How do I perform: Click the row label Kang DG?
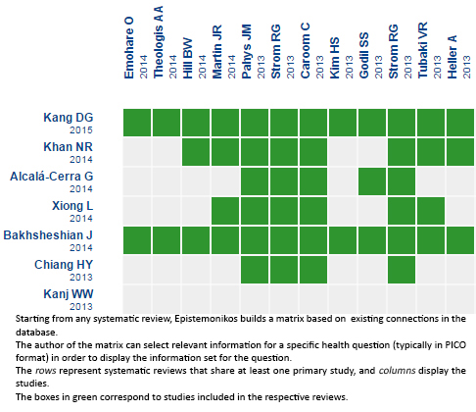click(69, 118)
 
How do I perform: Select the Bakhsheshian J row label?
click(48, 235)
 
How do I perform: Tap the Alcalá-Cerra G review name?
click(52, 177)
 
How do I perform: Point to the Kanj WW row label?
click(69, 294)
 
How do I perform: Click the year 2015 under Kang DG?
click(81, 130)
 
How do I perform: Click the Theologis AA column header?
click(159, 42)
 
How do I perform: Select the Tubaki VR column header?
click(423, 50)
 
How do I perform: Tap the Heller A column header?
click(452, 57)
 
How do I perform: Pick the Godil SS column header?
click(364, 55)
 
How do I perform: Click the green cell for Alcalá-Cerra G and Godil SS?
click(372, 181)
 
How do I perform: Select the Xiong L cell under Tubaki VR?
click(431, 211)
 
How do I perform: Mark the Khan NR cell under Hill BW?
click(196, 152)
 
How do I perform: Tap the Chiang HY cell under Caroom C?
click(313, 270)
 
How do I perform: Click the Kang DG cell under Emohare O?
click(137, 123)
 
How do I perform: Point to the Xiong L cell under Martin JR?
click(225, 211)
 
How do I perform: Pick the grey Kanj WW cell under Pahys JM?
click(255, 299)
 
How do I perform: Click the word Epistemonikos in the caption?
click(206, 319)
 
